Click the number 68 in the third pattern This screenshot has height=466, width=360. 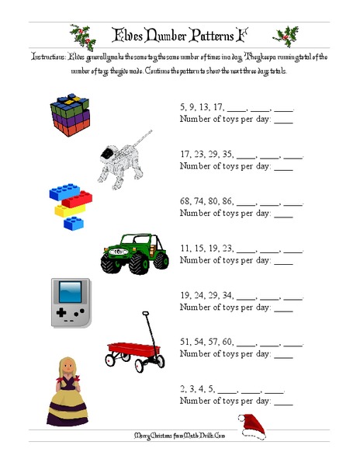(x=186, y=200)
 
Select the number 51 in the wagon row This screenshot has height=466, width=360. (x=186, y=342)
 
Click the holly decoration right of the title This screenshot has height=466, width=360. (x=286, y=36)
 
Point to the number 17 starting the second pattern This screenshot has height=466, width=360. (x=186, y=154)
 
